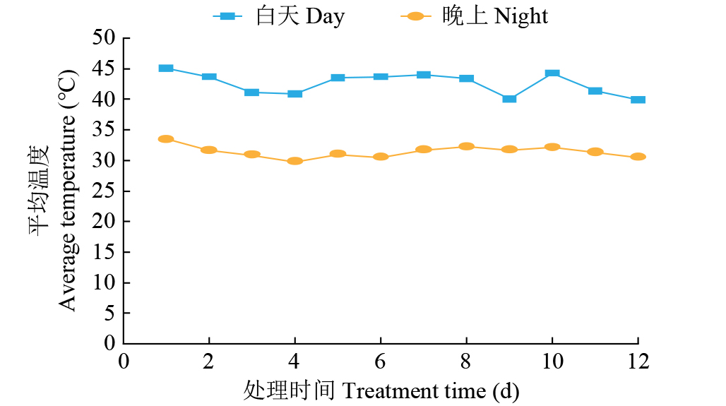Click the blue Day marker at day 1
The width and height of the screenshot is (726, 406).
166,68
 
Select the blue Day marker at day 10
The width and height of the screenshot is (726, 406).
552,73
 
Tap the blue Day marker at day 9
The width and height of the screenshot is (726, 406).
509,99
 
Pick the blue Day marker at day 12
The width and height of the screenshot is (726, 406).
638,100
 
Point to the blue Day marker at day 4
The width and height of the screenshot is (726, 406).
294,93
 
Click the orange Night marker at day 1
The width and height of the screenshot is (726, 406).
166,139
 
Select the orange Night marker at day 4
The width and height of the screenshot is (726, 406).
294,161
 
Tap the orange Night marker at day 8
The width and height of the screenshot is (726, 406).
466,146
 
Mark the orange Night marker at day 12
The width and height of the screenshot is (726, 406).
638,157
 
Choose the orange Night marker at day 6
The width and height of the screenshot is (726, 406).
381,157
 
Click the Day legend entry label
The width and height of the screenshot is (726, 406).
300,16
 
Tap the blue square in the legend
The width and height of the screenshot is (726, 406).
227,16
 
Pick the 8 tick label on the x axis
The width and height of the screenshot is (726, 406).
466,362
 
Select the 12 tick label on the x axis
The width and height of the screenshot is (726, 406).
637,362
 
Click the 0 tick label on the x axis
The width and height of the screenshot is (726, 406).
124,362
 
